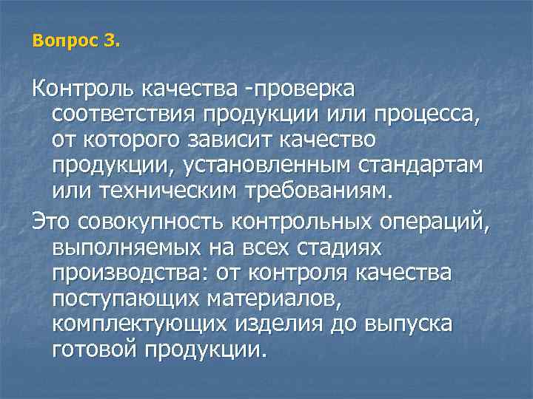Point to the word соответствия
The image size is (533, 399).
point(119,115)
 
